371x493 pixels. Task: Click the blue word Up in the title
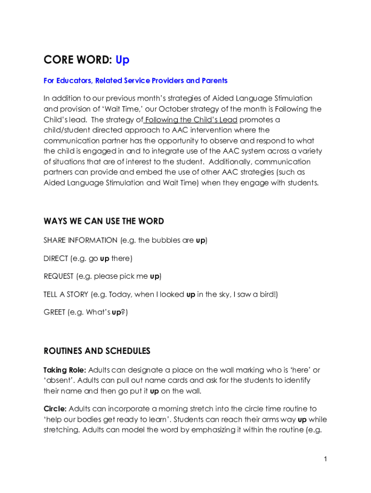[122, 60]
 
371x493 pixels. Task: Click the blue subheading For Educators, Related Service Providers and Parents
[135, 80]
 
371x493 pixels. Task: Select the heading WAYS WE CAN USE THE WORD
[104, 221]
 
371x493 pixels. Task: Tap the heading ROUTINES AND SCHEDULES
[97, 351]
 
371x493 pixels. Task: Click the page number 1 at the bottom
[326, 459]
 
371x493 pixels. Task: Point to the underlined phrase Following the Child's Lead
[191, 120]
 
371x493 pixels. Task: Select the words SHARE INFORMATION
[80, 240]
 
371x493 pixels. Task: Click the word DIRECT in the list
[56, 259]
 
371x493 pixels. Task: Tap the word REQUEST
[59, 276]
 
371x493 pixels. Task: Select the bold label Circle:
[55, 409]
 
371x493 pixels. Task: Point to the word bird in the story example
[266, 294]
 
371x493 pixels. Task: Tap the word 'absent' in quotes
[58, 380]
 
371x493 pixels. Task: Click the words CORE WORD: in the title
[78, 60]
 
